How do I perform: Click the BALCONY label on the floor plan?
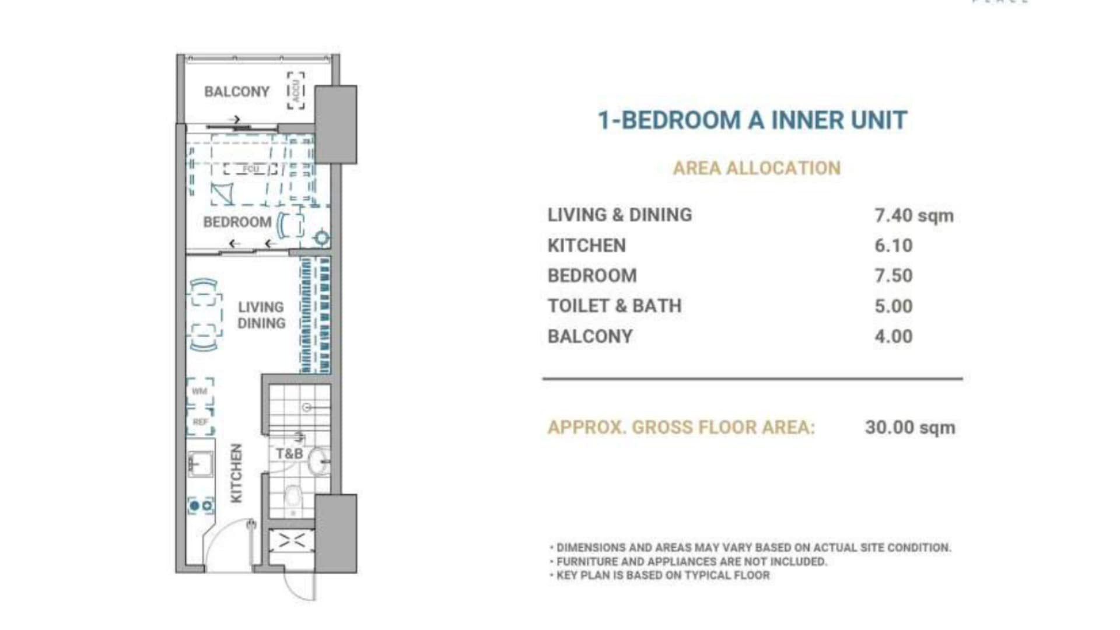click(237, 92)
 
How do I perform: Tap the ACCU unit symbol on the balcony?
click(296, 90)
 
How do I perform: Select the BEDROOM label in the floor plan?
click(237, 222)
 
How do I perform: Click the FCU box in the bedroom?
click(251, 169)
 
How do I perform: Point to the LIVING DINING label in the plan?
click(261, 315)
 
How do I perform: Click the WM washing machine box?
click(200, 391)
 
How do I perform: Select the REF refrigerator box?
click(200, 421)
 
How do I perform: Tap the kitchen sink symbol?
click(200, 464)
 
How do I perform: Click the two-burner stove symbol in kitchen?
click(201, 505)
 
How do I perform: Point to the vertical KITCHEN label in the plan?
click(236, 473)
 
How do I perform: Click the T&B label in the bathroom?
click(289, 453)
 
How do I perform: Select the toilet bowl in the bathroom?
click(293, 497)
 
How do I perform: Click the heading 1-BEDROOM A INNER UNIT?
click(752, 120)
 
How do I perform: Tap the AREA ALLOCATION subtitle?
click(757, 168)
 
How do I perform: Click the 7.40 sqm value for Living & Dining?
click(914, 215)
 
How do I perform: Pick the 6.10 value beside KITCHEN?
click(893, 246)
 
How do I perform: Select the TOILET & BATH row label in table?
click(614, 306)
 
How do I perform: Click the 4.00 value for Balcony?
click(893, 337)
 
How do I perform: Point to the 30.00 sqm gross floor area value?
click(910, 427)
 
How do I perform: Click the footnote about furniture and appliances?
click(691, 562)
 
